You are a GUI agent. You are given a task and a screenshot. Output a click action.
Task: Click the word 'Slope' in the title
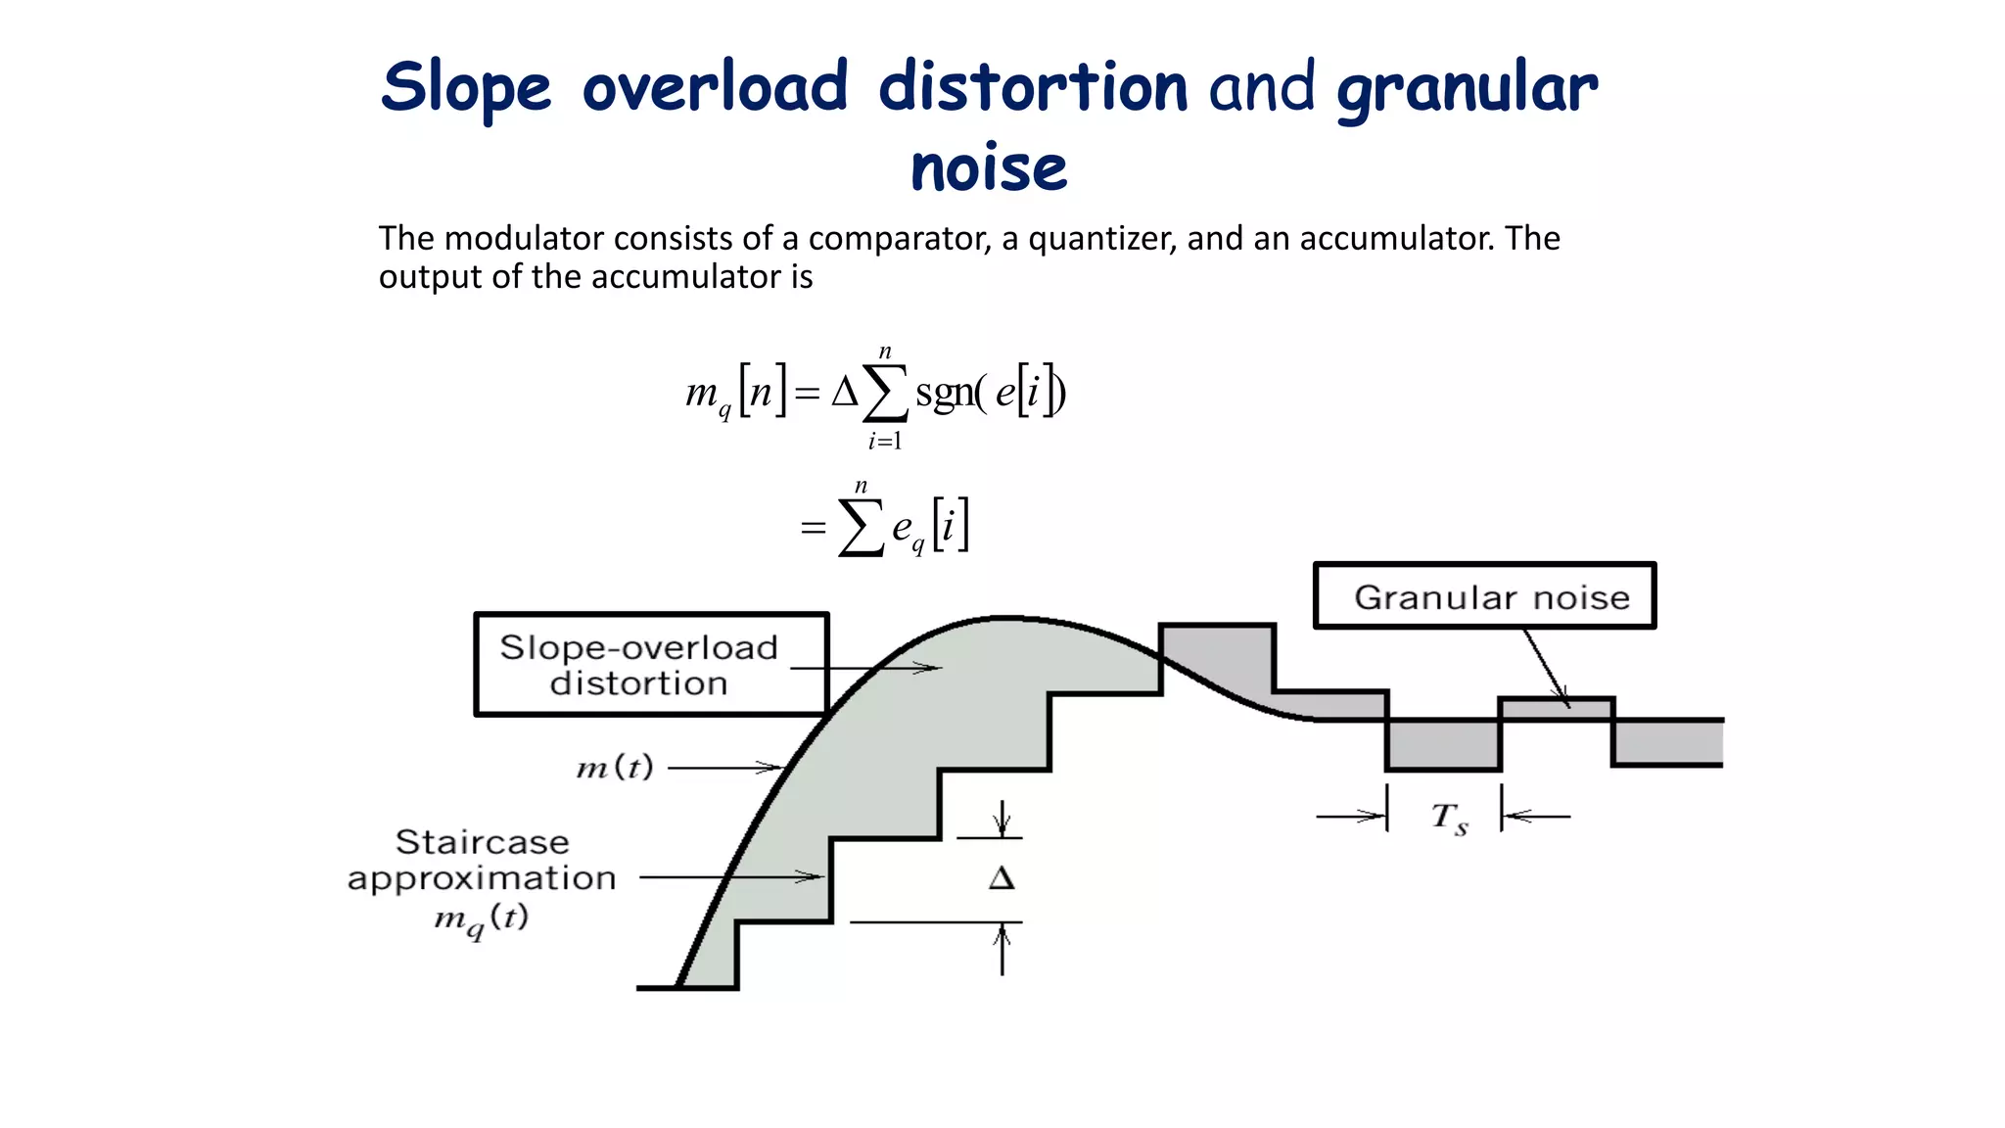[466, 88]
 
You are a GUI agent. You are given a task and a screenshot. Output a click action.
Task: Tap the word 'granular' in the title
[1467, 88]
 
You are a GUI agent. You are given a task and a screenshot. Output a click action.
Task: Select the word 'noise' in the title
[989, 168]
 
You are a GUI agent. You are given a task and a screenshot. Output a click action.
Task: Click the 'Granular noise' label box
[1484, 595]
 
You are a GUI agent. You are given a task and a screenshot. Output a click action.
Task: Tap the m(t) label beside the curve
[615, 767]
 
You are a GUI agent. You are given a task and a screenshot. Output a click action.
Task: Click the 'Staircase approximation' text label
[482, 860]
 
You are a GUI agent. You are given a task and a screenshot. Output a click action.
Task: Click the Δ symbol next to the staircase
[1002, 877]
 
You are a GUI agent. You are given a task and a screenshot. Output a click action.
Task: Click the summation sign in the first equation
[885, 394]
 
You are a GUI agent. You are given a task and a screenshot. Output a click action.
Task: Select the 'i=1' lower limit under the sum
[885, 442]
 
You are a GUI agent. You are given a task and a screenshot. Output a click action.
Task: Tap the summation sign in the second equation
[861, 528]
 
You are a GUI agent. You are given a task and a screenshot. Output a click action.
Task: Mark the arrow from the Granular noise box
[1547, 668]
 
